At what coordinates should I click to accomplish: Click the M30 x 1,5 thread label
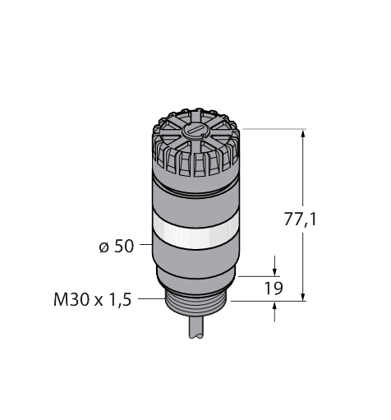[x=93, y=300]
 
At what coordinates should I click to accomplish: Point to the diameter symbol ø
[x=104, y=247]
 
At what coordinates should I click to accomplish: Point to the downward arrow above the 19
[x=275, y=270]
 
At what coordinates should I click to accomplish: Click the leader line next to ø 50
[x=145, y=246]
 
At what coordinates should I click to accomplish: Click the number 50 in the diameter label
[x=124, y=246]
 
